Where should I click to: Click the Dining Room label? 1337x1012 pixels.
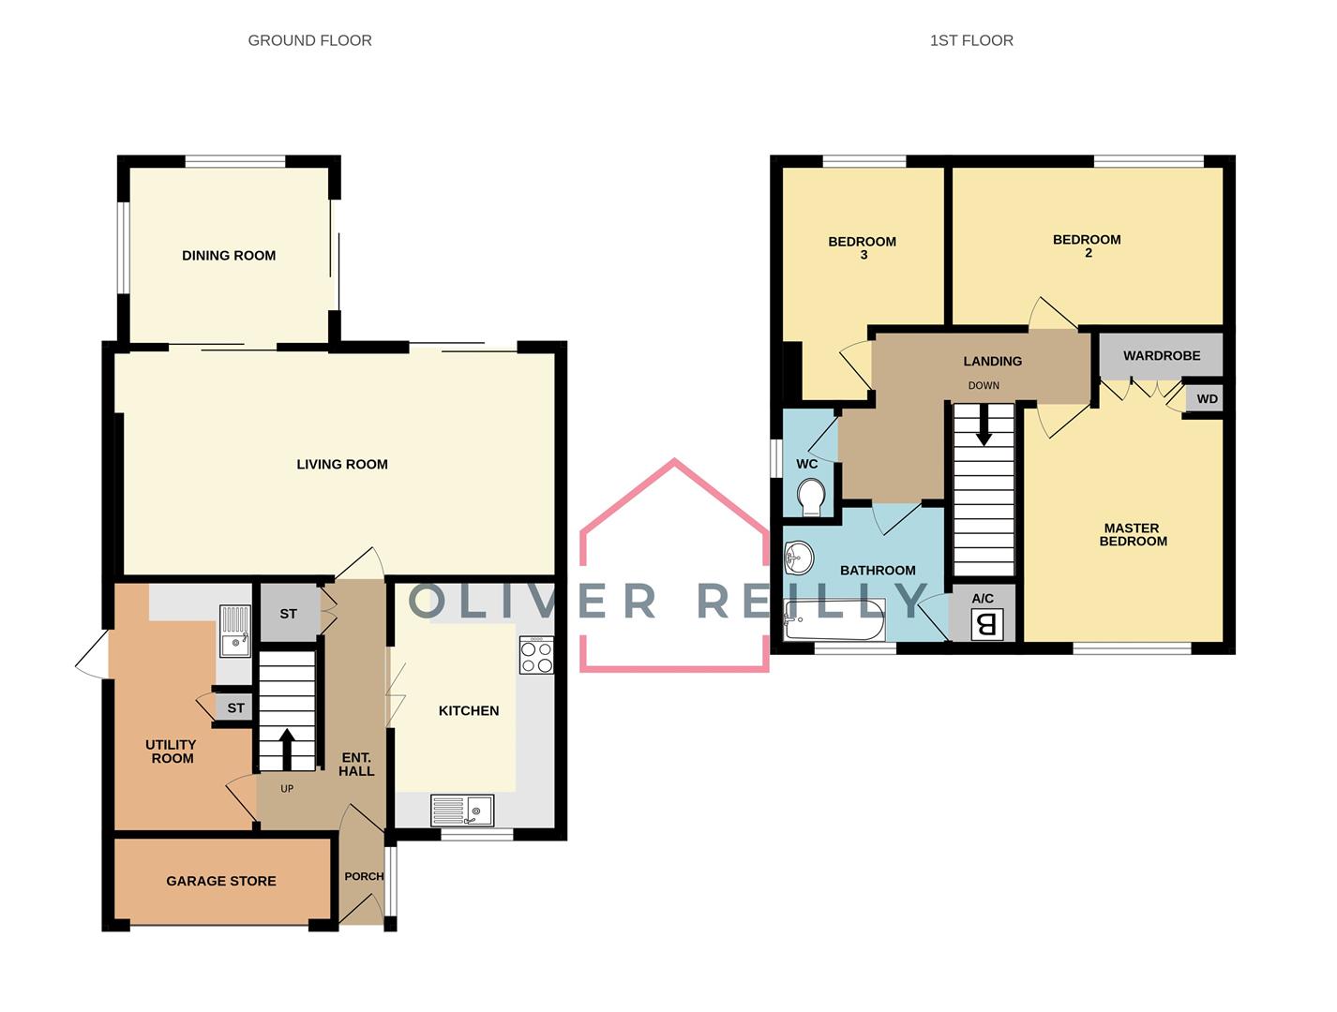(x=229, y=256)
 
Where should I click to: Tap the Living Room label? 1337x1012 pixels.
(x=341, y=465)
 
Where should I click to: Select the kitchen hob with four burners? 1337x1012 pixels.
(x=536, y=655)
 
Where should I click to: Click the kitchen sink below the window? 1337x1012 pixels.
(x=461, y=810)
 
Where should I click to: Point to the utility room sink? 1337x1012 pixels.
(x=234, y=631)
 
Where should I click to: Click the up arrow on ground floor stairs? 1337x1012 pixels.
(x=287, y=749)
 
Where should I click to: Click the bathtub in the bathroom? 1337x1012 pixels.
(x=834, y=619)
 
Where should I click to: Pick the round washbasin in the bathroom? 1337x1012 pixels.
(x=799, y=558)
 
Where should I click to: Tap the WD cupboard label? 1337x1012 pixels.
(x=1207, y=399)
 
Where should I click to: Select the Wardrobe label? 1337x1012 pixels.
(x=1162, y=356)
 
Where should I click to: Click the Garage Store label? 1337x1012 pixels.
(x=221, y=881)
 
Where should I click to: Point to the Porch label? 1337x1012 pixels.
(x=364, y=876)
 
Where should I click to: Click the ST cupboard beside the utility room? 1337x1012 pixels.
(x=235, y=707)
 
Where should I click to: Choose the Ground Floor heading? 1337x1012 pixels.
(x=309, y=41)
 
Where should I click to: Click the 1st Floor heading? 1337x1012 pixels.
(x=971, y=41)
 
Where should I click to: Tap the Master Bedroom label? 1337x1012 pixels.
(x=1133, y=535)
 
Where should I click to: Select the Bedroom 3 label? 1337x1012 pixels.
(x=862, y=247)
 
